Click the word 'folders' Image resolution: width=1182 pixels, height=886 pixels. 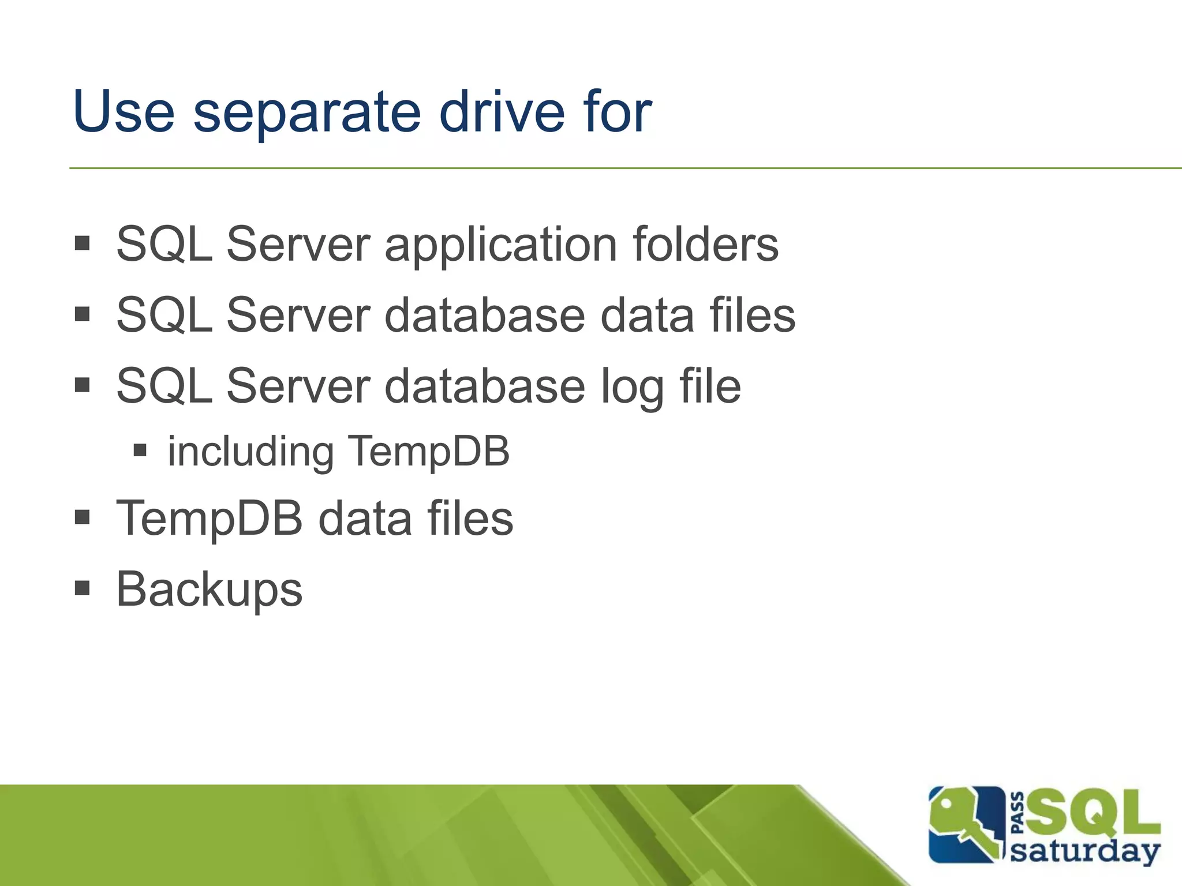tap(705, 244)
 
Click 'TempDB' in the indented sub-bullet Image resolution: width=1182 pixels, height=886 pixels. tap(429, 451)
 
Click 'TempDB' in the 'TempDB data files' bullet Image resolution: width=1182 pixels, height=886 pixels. tap(209, 518)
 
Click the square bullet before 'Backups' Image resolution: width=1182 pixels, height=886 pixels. tap(83, 588)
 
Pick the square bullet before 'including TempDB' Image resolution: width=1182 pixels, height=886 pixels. tap(140, 450)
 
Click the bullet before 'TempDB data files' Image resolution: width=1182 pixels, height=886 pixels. tap(83, 517)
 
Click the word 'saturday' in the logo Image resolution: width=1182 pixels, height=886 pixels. tap(1085, 851)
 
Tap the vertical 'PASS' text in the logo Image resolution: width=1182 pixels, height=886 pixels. tap(1018, 813)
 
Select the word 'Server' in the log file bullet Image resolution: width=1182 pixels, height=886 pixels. tap(298, 386)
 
